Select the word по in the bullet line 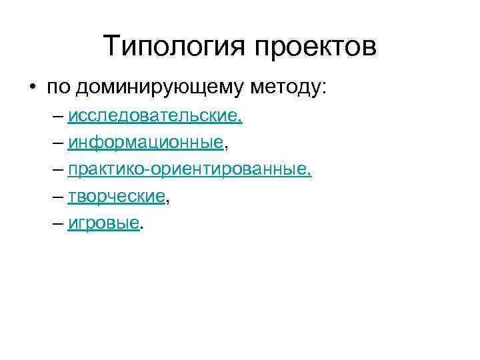57,87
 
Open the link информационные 145,142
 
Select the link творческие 116,196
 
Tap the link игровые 103,223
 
